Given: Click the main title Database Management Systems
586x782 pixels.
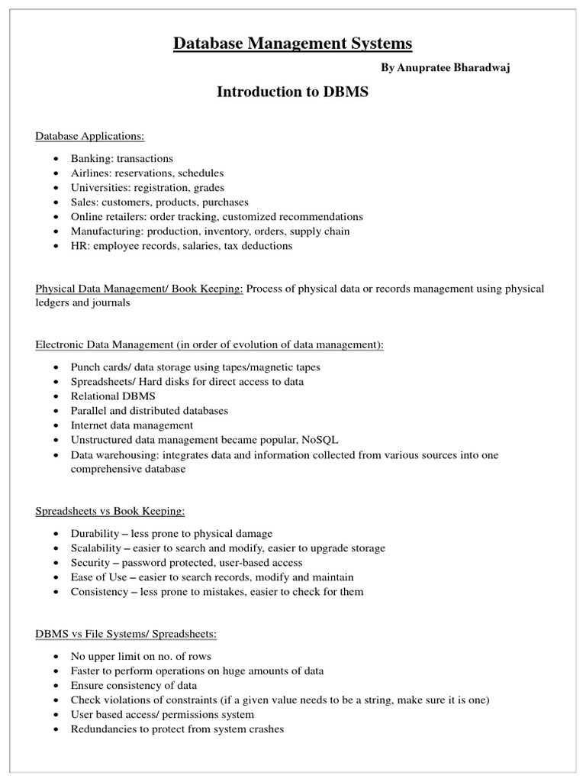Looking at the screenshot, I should point(293,44).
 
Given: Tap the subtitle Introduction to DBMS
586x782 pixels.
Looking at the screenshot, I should point(293,92).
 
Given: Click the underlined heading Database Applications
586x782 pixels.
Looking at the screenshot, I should point(90,137).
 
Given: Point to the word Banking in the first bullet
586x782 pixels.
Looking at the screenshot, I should point(90,159).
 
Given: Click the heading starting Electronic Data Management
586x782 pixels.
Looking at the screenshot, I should point(210,345).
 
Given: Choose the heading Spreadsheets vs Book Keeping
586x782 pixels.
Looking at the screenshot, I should point(111,511).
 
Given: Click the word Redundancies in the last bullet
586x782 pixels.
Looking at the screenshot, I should point(103,729).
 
